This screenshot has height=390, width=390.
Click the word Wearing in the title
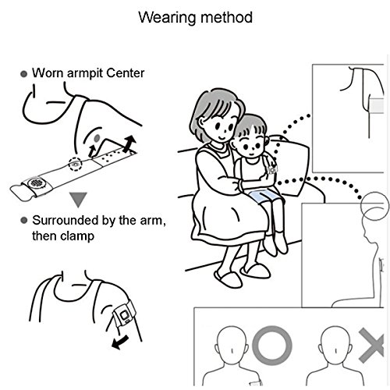(x=167, y=18)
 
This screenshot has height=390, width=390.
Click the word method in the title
(x=226, y=18)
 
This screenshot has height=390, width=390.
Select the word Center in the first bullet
(x=125, y=73)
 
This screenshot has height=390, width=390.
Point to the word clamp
(x=77, y=236)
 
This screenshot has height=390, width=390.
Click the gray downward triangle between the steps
(x=78, y=200)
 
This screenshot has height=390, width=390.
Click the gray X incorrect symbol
(x=371, y=346)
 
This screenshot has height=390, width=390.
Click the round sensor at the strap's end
(x=36, y=183)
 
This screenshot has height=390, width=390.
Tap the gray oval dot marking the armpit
(x=97, y=138)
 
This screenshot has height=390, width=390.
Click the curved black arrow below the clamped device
(x=120, y=342)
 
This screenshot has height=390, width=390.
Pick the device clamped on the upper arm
(x=124, y=315)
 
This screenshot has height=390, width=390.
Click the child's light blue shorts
(x=264, y=196)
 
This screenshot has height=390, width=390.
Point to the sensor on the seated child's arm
(x=272, y=170)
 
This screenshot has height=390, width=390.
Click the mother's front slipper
(x=228, y=279)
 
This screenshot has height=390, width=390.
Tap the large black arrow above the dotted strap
(x=129, y=144)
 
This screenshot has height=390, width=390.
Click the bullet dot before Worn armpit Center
(x=23, y=74)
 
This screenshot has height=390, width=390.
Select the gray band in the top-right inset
(x=377, y=106)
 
